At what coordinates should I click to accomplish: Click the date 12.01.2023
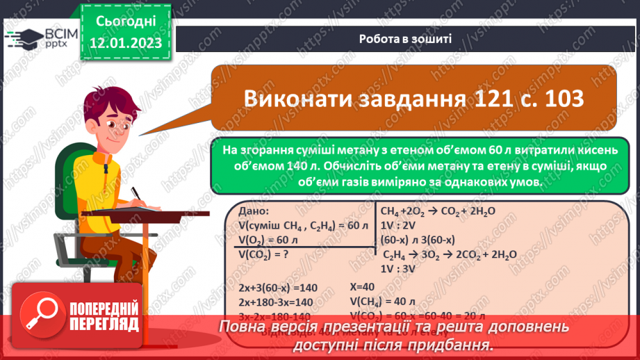pos(125,43)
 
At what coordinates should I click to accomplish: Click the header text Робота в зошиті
pos(405,39)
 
